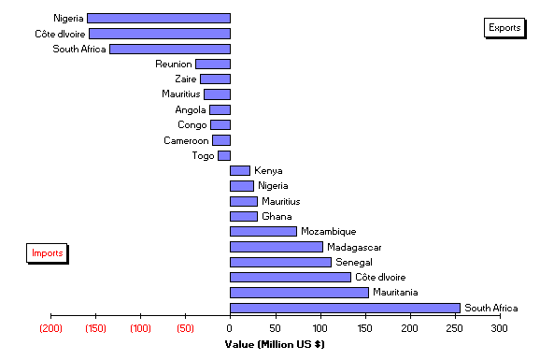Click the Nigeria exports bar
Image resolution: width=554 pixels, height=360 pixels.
point(159,18)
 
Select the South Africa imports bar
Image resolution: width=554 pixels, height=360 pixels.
point(345,308)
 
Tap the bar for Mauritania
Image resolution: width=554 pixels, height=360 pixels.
point(299,293)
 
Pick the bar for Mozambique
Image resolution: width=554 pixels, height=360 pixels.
point(263,231)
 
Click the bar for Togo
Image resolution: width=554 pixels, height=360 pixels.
point(224,155)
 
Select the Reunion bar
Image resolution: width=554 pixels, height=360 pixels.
point(213,64)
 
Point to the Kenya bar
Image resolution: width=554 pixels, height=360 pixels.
point(240,170)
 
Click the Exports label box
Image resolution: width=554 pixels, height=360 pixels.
point(504,27)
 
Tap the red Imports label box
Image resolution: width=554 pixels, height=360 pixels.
point(47,253)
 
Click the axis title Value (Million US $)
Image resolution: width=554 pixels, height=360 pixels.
point(275,344)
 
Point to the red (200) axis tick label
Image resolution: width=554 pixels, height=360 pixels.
point(50,329)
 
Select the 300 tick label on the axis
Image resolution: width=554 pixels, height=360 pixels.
point(501,329)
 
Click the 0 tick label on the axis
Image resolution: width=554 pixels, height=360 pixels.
point(230,329)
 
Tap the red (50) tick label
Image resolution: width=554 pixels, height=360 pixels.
point(185,329)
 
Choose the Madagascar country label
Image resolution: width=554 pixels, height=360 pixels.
point(354,247)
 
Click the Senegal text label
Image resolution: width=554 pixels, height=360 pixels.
point(354,262)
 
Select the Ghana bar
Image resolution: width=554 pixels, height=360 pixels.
point(244,216)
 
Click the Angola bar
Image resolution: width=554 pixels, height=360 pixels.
point(220,109)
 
